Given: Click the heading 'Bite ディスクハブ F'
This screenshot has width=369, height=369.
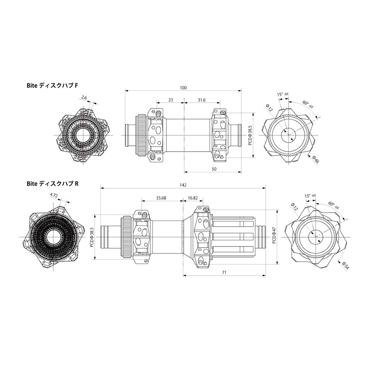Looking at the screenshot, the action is [x=52, y=86].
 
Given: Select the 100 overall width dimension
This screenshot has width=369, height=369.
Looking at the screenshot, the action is [x=183, y=88].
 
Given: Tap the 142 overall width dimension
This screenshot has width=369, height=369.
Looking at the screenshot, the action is [x=183, y=185].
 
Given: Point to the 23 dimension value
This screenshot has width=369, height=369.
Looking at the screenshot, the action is [x=170, y=100].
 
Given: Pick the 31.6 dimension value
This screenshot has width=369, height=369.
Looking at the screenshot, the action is [x=202, y=100].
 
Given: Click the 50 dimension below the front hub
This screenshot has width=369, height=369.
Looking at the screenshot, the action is [x=214, y=169].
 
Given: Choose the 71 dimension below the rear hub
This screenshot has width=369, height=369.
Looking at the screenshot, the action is [x=224, y=272].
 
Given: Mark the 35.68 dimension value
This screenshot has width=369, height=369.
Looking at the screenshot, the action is [x=161, y=198].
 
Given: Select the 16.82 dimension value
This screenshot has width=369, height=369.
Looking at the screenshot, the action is [x=193, y=198].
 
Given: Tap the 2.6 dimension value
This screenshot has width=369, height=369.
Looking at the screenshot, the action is [x=84, y=97].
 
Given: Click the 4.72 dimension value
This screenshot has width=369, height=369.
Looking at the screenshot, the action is [x=54, y=195].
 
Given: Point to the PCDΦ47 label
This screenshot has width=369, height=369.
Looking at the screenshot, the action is [x=274, y=235].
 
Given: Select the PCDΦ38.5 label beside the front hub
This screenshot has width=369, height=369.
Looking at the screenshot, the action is [x=250, y=135].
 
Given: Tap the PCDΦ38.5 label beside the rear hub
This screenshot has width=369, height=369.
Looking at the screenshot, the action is [x=92, y=237].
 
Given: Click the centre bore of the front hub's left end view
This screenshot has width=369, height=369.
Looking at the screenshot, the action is [x=83, y=135].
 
